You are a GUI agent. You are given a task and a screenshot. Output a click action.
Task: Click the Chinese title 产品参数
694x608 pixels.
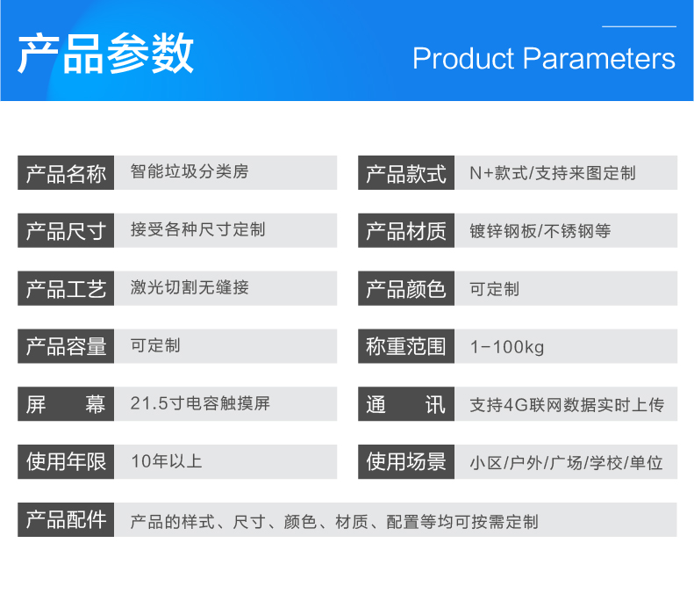pyautogui.click(x=106, y=54)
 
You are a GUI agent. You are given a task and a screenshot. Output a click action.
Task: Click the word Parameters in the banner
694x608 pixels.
pyautogui.click(x=599, y=59)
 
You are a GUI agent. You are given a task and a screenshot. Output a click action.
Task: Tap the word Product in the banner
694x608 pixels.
pyautogui.click(x=463, y=59)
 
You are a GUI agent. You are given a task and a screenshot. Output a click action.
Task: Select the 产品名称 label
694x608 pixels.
pyautogui.click(x=66, y=173)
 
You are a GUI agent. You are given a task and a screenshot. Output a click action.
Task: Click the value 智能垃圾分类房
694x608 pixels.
pyautogui.click(x=190, y=171)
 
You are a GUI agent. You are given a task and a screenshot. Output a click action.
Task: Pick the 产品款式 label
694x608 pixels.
pyautogui.click(x=406, y=173)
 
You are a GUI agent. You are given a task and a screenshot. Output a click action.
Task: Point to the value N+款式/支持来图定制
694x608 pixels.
pyautogui.click(x=553, y=173)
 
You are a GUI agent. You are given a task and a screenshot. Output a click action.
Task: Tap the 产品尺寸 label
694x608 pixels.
pyautogui.click(x=66, y=230)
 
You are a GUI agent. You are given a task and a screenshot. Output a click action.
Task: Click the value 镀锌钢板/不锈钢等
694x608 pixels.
pyautogui.click(x=540, y=231)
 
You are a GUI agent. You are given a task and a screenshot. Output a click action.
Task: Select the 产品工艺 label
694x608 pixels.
pyautogui.click(x=66, y=288)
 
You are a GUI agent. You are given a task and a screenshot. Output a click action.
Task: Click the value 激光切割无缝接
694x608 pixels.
pyautogui.click(x=190, y=287)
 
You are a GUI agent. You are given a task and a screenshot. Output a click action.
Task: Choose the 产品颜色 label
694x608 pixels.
pyautogui.click(x=406, y=288)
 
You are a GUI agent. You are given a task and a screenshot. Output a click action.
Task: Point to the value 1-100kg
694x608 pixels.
pyautogui.click(x=507, y=347)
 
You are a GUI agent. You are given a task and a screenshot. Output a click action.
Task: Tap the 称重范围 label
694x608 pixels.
pyautogui.click(x=406, y=346)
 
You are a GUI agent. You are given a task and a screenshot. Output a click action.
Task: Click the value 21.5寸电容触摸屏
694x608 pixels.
pyautogui.click(x=200, y=403)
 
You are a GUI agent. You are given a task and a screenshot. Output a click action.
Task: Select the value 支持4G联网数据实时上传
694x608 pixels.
pyautogui.click(x=567, y=404)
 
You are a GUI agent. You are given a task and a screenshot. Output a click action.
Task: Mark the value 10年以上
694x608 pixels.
pyautogui.click(x=167, y=461)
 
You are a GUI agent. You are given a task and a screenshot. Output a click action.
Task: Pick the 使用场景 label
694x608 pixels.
pyautogui.click(x=406, y=462)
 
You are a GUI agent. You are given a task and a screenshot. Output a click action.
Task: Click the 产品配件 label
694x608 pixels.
pyautogui.click(x=66, y=520)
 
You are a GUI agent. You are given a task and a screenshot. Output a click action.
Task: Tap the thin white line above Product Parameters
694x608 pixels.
pyautogui.click(x=639, y=26)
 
